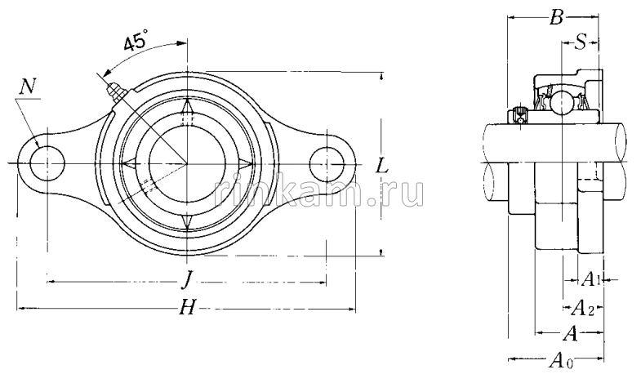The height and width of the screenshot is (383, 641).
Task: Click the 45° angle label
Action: pos(136,42)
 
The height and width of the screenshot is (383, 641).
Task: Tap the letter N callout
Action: pos(29,87)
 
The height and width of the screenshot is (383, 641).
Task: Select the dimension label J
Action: pos(187,281)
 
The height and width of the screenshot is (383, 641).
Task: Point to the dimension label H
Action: pos(188,307)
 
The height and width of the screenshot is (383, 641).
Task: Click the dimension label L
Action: pos(382,166)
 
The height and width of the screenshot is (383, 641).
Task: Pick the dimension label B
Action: pos(556,17)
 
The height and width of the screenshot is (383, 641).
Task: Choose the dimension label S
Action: pos(580,42)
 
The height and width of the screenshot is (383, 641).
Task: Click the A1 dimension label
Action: pos(590,279)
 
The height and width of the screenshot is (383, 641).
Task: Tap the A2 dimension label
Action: pos(582,308)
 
